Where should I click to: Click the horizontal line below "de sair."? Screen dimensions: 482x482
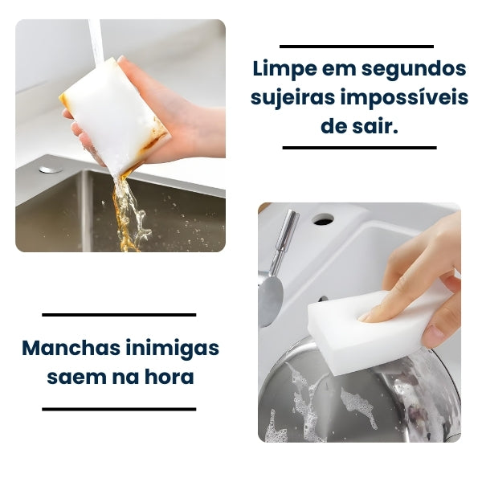359,148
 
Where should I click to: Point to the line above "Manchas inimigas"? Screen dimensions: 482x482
119,315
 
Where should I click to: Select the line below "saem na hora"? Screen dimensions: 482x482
119,409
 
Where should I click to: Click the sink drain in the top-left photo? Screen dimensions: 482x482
51,170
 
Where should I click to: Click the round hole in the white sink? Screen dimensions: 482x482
323,219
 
